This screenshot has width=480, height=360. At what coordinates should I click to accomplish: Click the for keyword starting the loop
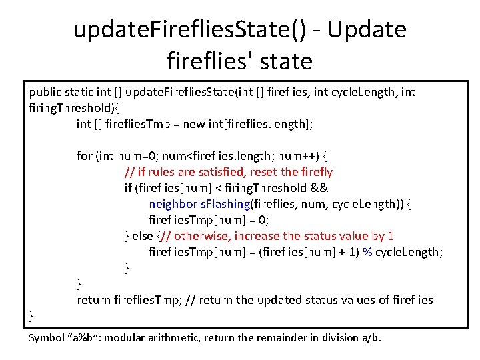click(85, 156)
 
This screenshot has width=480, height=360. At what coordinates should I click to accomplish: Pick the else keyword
click(142, 236)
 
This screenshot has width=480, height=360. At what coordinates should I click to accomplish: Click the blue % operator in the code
click(367, 252)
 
